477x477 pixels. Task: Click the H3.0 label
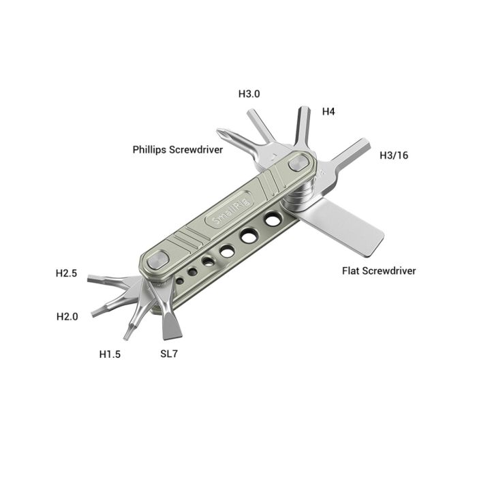249,94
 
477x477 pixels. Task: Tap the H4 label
328,111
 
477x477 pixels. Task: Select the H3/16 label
394,155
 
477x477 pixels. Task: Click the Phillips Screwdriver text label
178,149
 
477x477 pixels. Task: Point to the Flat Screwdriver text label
379,271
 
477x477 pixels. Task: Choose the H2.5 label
67,273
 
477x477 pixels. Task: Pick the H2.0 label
67,316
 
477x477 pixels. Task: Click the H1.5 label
110,354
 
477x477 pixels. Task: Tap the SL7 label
170,354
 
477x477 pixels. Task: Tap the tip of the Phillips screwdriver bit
220,133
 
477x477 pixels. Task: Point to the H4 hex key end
303,112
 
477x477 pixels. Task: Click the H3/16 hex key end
363,144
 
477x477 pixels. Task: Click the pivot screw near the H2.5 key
157,260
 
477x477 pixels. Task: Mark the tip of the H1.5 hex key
127,336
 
